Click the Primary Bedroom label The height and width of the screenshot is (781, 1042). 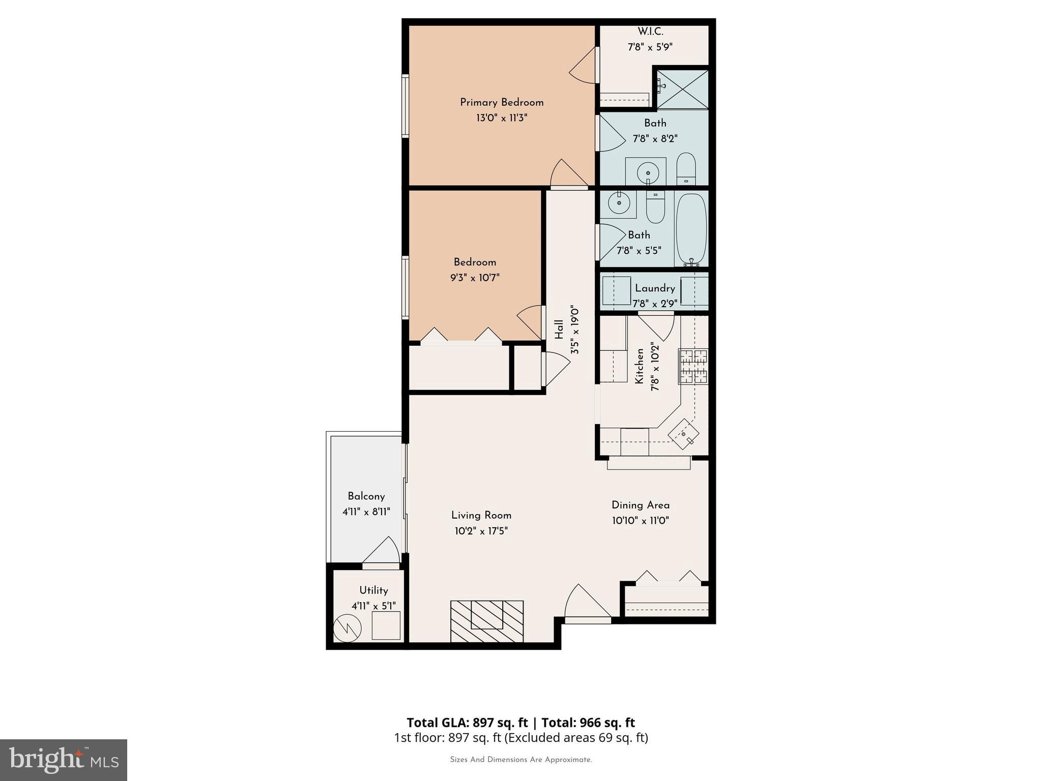(502, 102)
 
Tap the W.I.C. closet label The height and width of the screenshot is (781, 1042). (650, 32)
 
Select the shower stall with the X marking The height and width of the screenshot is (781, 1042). (683, 89)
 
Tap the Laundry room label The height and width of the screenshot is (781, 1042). (655, 288)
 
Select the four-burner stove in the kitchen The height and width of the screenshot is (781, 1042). (693, 366)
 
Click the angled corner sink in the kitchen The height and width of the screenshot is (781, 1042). (684, 434)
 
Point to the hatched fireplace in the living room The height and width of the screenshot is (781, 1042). (487, 621)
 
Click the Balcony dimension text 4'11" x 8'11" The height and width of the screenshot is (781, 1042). (366, 512)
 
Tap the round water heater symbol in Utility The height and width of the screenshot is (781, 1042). (347, 628)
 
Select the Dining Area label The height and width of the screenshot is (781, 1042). (640, 505)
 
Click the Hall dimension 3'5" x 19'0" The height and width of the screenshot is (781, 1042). (575, 331)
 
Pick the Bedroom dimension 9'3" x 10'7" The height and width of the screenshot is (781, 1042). (475, 278)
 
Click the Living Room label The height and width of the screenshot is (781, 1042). (481, 515)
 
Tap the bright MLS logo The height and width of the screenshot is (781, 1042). (63, 760)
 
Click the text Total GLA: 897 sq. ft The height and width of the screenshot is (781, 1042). (467, 723)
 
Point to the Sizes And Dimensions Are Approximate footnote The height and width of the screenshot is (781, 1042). (520, 760)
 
